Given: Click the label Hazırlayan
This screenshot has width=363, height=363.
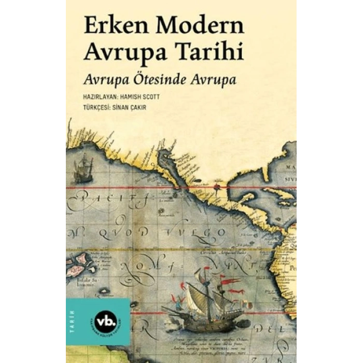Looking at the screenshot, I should [101, 96].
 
